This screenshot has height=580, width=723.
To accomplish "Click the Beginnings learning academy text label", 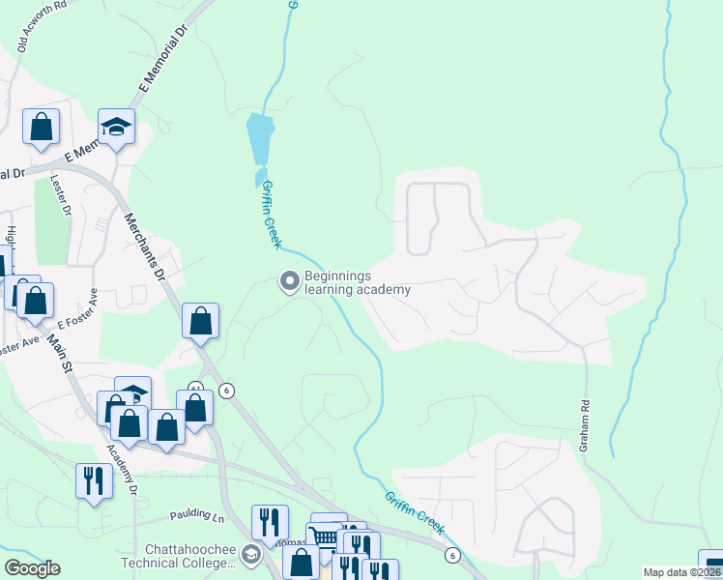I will click(x=358, y=282).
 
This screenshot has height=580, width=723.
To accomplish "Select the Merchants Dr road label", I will click(x=146, y=246).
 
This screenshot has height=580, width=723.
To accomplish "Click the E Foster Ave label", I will click(x=77, y=309).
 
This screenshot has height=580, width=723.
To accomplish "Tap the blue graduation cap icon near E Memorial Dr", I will click(x=117, y=128).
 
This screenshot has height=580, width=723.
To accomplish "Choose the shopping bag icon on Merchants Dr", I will click(x=200, y=321).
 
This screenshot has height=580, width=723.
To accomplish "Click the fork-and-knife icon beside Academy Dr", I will click(x=94, y=479).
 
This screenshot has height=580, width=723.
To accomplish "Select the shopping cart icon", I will click(x=325, y=537).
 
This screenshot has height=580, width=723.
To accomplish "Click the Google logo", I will click(x=32, y=568).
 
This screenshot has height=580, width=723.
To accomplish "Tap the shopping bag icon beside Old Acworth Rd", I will click(x=42, y=127).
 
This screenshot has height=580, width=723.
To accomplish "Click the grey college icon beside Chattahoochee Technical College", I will click(x=251, y=554).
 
